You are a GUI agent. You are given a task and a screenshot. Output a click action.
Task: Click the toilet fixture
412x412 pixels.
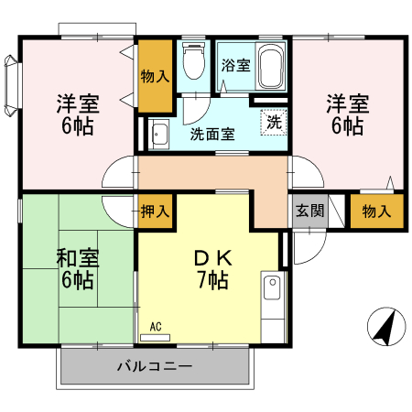(x=193, y=63)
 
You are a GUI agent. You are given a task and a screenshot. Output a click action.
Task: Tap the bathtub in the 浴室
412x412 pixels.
(x=272, y=66)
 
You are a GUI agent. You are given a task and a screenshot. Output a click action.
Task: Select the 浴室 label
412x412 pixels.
(x=235, y=65)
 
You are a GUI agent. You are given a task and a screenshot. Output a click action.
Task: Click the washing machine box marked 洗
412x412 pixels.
(x=273, y=120)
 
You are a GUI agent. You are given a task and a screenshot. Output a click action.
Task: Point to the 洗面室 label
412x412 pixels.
(x=212, y=134)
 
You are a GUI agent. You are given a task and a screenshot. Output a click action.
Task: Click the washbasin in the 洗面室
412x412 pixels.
(x=159, y=134)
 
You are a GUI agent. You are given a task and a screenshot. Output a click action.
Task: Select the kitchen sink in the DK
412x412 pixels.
(x=271, y=290)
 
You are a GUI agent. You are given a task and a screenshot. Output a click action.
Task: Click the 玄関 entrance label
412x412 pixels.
(x=309, y=211)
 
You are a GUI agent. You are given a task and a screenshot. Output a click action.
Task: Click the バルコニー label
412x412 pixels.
(x=153, y=367)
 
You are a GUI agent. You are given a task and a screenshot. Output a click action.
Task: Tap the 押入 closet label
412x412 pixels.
(x=155, y=211)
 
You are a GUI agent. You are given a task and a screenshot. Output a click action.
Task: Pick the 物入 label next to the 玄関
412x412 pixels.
(x=376, y=211)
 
